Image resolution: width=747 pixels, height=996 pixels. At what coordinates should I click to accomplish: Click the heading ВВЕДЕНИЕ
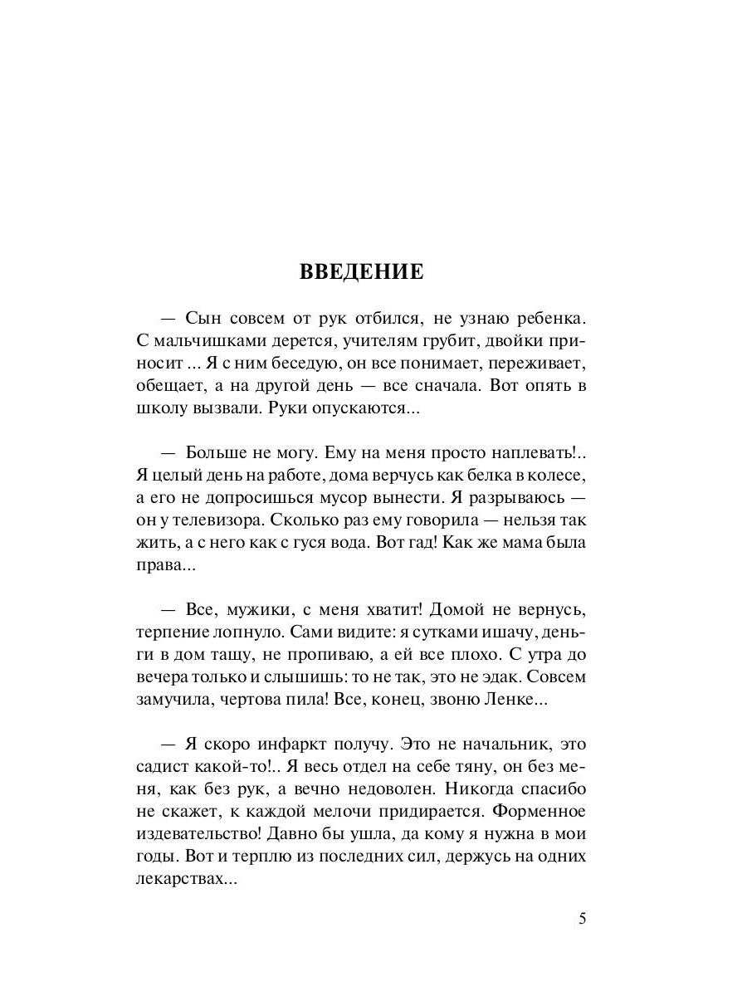pyautogui.click(x=362, y=272)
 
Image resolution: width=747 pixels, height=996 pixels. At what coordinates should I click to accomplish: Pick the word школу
pyautogui.click(x=158, y=410)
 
